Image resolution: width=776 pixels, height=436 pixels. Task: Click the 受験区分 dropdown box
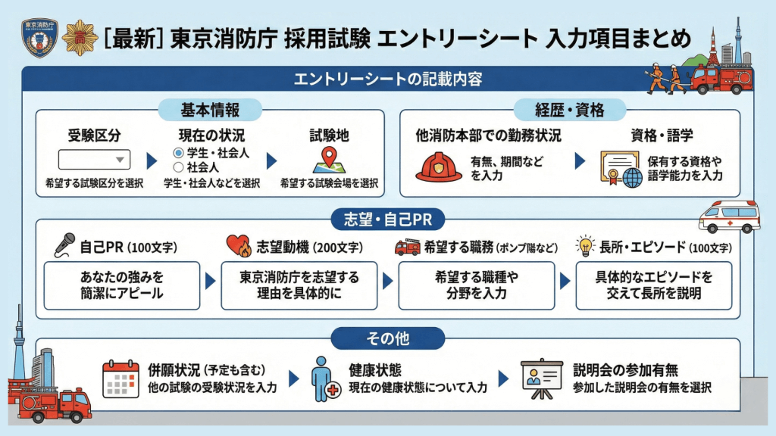click(x=95, y=160)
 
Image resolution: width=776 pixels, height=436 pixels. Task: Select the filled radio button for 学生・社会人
click(x=179, y=154)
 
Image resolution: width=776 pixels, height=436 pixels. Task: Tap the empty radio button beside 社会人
click(x=179, y=167)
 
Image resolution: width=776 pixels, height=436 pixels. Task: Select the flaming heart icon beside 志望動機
click(x=239, y=246)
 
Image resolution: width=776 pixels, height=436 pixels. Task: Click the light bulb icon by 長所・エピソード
click(x=584, y=245)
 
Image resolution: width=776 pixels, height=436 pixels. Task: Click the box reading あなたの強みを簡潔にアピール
click(x=122, y=285)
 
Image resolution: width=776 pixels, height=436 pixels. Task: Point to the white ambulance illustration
click(x=728, y=216)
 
